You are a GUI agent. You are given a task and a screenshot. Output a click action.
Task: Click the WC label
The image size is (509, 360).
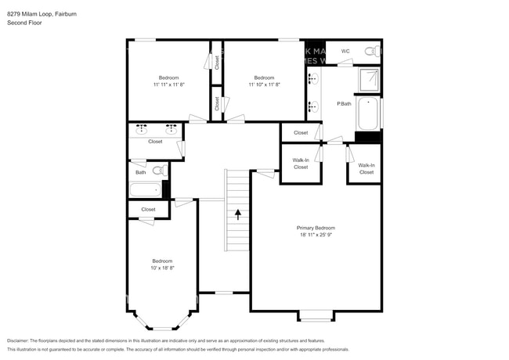coord(345,52)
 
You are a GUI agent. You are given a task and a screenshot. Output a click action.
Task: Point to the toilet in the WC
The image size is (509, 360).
coord(376,52)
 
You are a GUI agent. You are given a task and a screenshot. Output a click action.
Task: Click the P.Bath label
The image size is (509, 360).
coord(343,103)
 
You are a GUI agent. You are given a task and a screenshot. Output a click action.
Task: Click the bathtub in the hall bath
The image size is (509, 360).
coord(145,189)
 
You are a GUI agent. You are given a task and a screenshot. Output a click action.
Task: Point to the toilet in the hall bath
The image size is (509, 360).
coord(157,170)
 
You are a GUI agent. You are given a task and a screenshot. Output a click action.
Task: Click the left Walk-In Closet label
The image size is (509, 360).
coord(301,164)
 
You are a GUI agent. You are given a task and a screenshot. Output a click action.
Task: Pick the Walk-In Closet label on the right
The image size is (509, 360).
coord(366,168)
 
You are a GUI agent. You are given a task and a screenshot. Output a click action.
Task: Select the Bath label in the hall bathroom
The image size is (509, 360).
coord(140,172)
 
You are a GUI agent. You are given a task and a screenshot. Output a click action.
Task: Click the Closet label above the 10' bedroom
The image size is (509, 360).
coord(148,209)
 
